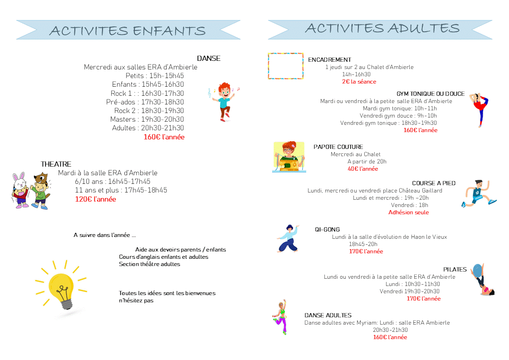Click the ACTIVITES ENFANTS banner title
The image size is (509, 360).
[x=127, y=30]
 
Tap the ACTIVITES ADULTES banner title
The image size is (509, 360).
[x=382, y=28]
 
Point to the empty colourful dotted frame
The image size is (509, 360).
[x=285, y=66]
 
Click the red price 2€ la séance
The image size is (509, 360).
[x=359, y=82]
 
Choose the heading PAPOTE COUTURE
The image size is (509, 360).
[x=338, y=147]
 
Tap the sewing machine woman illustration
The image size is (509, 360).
[x=289, y=157]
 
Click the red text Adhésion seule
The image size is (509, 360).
[x=408, y=212]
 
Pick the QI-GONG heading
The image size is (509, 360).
[x=327, y=230]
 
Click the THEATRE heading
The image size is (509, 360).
[x=56, y=164]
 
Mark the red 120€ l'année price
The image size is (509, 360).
[x=95, y=199]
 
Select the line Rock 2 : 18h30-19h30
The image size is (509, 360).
[x=149, y=111]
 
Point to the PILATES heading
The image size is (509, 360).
[x=455, y=270]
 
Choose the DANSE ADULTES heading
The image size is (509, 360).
[x=328, y=316]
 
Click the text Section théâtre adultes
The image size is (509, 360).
[x=149, y=264]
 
